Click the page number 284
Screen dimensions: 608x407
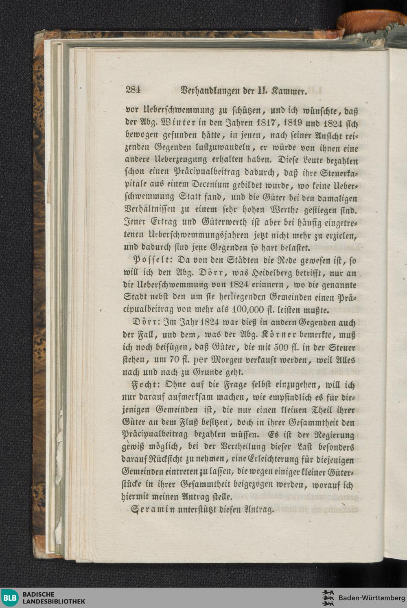click(x=133, y=90)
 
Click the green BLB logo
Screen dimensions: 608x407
click(x=10, y=598)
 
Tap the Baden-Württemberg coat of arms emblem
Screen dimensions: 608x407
click(x=328, y=598)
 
